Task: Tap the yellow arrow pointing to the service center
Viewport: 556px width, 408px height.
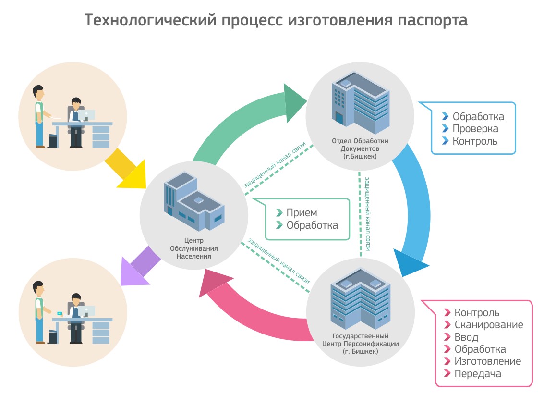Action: (x=126, y=170)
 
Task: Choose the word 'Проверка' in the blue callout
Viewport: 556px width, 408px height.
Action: (x=475, y=129)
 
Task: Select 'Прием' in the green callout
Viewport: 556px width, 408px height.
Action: (x=302, y=213)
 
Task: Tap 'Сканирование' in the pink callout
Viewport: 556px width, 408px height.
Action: (x=488, y=325)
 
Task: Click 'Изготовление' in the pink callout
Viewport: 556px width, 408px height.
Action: (x=487, y=361)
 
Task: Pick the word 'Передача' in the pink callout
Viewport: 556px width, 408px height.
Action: (x=477, y=374)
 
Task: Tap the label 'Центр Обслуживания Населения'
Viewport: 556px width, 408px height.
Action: (x=193, y=248)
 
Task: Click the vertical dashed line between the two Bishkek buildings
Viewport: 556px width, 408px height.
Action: (x=360, y=216)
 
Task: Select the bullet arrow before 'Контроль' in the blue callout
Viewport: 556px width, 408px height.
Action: (x=446, y=141)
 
